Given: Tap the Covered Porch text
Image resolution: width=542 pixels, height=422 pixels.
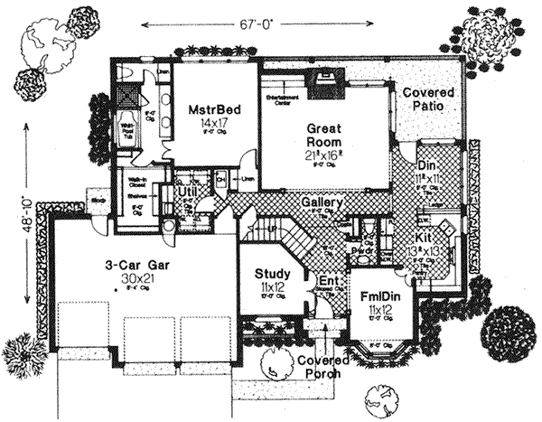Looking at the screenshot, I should tap(322, 367).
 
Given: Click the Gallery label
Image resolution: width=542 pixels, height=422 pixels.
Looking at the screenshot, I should tap(322, 203).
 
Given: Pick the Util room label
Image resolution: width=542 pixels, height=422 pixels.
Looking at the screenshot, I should tap(188, 192).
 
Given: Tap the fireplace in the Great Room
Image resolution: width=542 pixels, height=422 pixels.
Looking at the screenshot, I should tap(322, 84).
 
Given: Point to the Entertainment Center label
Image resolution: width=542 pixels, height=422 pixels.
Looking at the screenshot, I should tap(280, 98).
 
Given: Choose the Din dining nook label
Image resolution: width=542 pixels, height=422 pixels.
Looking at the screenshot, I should tap(428, 167).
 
